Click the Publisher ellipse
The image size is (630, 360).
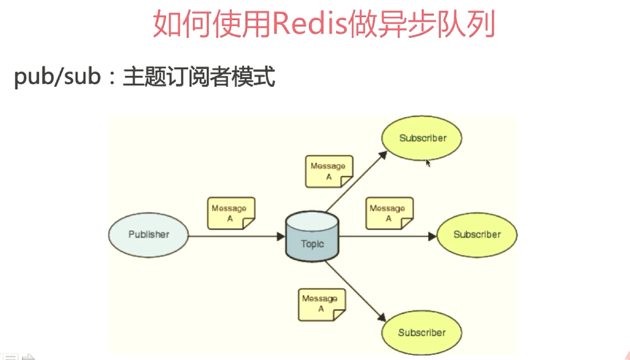(148, 234)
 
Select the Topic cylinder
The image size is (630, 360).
(312, 237)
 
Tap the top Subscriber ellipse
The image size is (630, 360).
(422, 138)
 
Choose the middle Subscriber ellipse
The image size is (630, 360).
(476, 234)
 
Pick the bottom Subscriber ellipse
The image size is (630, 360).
(422, 333)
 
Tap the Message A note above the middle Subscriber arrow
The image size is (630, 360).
(389, 213)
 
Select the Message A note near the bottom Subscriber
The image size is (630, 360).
(322, 304)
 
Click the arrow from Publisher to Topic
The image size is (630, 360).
(236, 236)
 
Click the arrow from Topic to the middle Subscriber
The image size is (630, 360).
(389, 236)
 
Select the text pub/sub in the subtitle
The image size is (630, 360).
(57, 77)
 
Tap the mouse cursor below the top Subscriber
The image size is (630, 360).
(428, 163)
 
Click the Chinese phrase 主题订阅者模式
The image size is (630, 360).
(199, 77)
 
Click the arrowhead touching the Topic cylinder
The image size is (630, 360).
(281, 236)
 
